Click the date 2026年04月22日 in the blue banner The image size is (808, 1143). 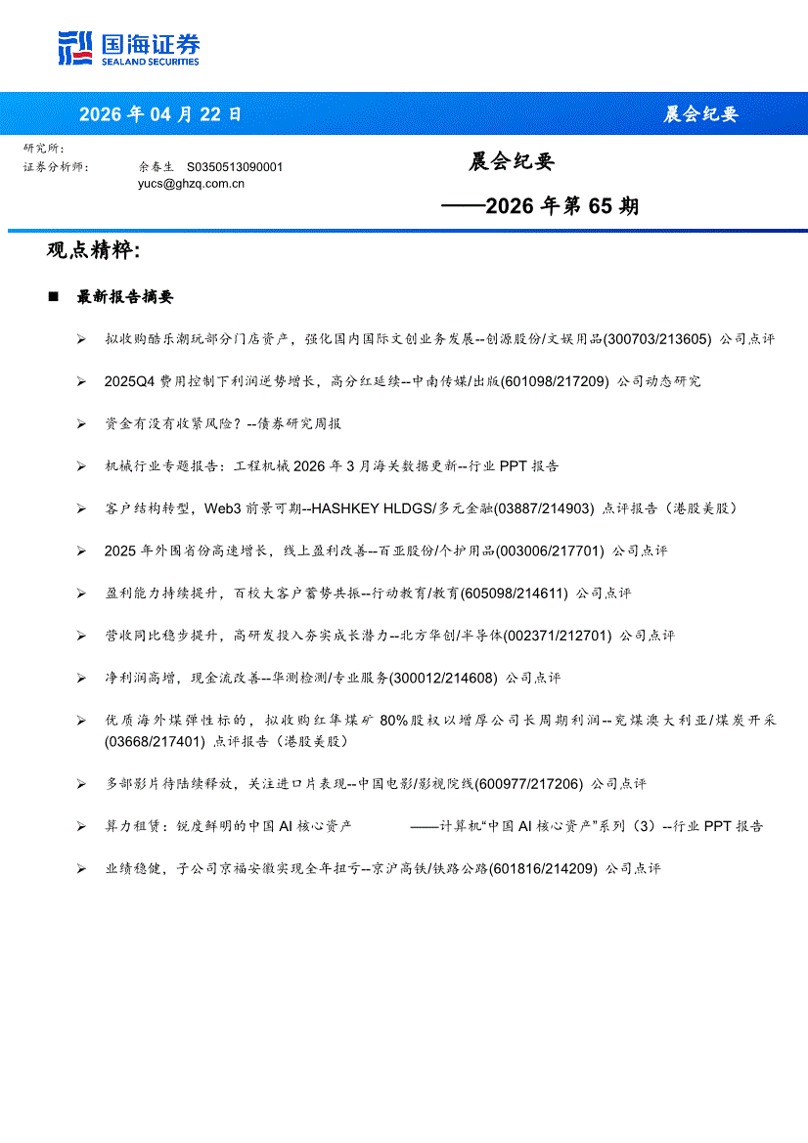tap(159, 114)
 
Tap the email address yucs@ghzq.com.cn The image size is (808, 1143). tap(191, 183)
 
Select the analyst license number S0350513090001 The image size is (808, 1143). tap(235, 167)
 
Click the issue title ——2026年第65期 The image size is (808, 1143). tap(540, 206)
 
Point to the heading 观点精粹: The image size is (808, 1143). tap(94, 251)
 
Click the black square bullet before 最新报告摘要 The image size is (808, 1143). tap(54, 297)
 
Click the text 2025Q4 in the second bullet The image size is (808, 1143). tap(126, 381)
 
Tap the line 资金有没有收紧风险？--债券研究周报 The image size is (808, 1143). tap(223, 423)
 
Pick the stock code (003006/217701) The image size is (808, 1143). tap(551, 551)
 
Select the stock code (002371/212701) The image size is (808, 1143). tap(558, 636)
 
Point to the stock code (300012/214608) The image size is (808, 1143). tap(443, 678)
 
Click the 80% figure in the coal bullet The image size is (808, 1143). tap(393, 721)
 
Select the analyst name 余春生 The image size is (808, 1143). tap(156, 167)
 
